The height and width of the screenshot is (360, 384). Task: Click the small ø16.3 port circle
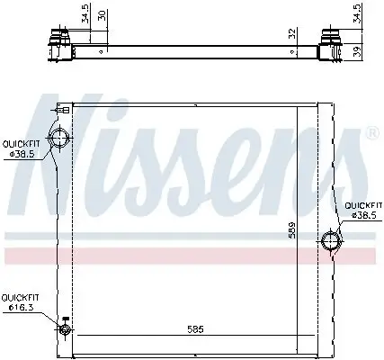point(65,329)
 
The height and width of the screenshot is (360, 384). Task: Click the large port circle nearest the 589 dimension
point(331,240)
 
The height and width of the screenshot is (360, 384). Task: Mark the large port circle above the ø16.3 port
point(61,139)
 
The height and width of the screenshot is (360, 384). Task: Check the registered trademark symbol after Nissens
point(371,133)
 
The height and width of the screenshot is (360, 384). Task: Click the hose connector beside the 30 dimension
point(62,40)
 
